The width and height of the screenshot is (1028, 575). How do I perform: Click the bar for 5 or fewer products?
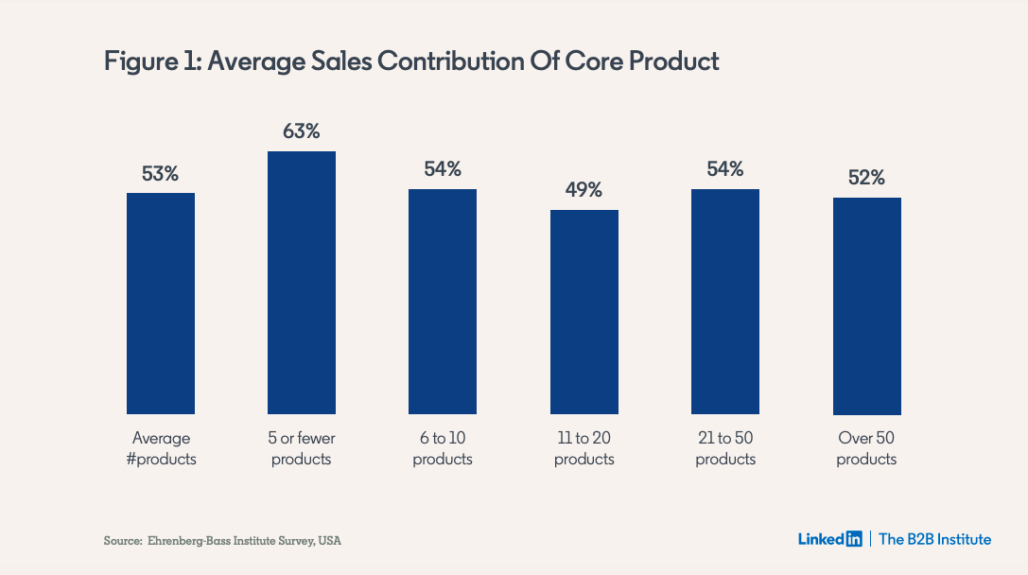302,283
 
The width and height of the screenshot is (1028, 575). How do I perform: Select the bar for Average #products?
161,304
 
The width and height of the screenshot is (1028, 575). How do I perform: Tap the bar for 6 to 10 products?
443,302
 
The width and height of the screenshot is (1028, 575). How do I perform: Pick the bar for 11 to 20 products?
584,312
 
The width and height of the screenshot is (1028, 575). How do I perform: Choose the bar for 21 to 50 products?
725,302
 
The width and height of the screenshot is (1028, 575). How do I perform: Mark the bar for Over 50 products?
866,306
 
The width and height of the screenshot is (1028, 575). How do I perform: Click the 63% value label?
302,131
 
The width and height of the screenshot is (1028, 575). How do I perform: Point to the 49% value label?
584,190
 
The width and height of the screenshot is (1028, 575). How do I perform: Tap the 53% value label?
161,174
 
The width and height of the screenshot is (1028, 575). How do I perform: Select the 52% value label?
866,178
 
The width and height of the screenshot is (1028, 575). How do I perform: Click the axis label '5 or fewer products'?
302,448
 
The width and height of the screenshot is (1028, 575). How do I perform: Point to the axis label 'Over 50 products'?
866,448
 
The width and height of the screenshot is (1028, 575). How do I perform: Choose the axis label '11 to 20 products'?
584,448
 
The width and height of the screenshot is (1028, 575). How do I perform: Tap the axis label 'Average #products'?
161,448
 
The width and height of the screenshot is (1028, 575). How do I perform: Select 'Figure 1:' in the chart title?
152,61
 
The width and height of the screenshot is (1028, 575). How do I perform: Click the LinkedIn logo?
829,539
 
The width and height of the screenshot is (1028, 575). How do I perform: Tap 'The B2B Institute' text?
934,539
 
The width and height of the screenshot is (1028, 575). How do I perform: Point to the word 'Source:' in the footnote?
122,541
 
